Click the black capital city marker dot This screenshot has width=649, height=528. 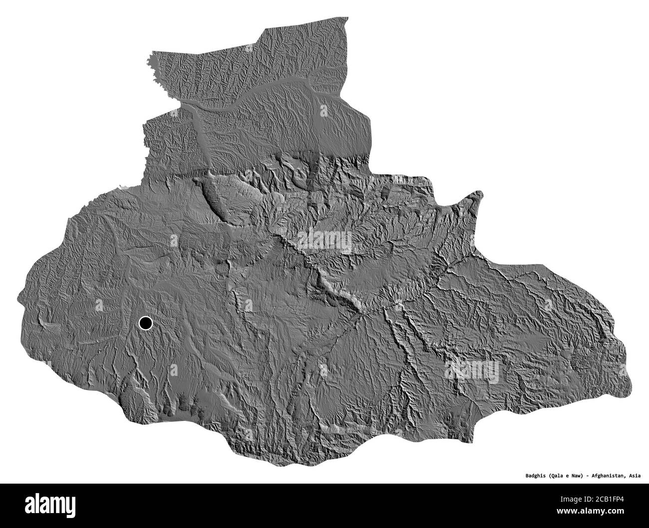(x=145, y=324)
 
